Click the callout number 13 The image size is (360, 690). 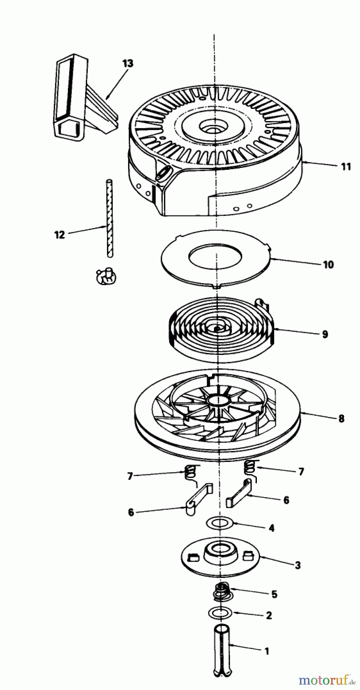[x=128, y=63]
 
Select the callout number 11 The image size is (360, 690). [x=345, y=167]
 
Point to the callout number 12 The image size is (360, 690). [x=60, y=235]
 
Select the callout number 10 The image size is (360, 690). [x=328, y=264]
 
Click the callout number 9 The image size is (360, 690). [x=325, y=334]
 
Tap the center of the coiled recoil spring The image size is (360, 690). [x=217, y=329]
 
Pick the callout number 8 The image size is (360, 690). [x=341, y=418]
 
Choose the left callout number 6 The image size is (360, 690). [x=131, y=512]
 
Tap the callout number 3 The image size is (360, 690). [x=298, y=565]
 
